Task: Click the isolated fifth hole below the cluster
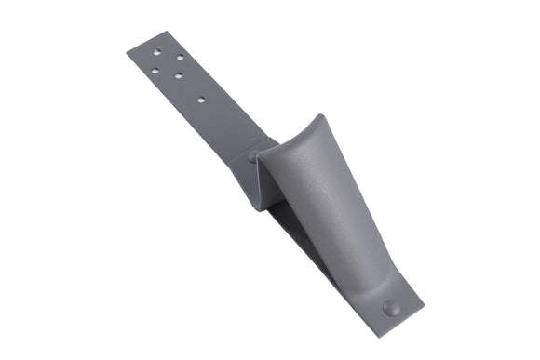click(x=200, y=97)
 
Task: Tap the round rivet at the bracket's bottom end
click(x=392, y=308)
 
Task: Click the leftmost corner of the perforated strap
click(x=127, y=49)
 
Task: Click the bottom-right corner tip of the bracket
click(x=424, y=305)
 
